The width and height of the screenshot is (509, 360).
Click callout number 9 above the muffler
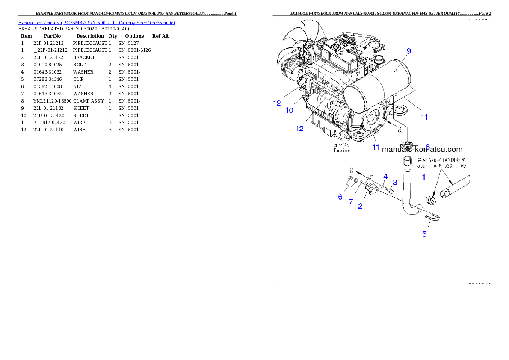[408, 51]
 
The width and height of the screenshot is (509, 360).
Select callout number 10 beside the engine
[290, 110]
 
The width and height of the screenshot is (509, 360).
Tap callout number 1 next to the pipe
[423, 177]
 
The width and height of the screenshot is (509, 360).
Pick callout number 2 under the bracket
[361, 206]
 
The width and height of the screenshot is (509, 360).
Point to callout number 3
[395, 183]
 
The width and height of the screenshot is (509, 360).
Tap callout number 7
[351, 202]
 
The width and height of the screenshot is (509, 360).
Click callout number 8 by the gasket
[427, 147]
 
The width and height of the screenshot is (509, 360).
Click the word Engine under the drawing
[342, 150]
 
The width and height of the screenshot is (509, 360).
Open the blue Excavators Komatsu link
[96, 23]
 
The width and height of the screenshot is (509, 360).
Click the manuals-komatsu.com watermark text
[422, 150]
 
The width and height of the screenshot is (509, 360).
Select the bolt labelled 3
[388, 189]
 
